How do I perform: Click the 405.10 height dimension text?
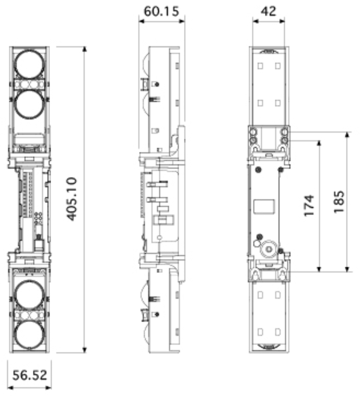pos(72,199)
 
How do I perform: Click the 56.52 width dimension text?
pos(30,375)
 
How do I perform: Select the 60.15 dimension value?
pos(161,11)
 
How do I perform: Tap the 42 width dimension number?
pos(268,11)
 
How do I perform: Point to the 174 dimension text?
pos(309,205)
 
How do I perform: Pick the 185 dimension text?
pos(339,202)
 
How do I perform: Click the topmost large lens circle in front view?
pos(30,64)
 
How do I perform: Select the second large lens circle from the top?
pos(30,104)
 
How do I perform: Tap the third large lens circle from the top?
pos(30,295)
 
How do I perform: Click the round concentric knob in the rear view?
pos(269,248)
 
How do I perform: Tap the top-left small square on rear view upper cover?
pos(260,66)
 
